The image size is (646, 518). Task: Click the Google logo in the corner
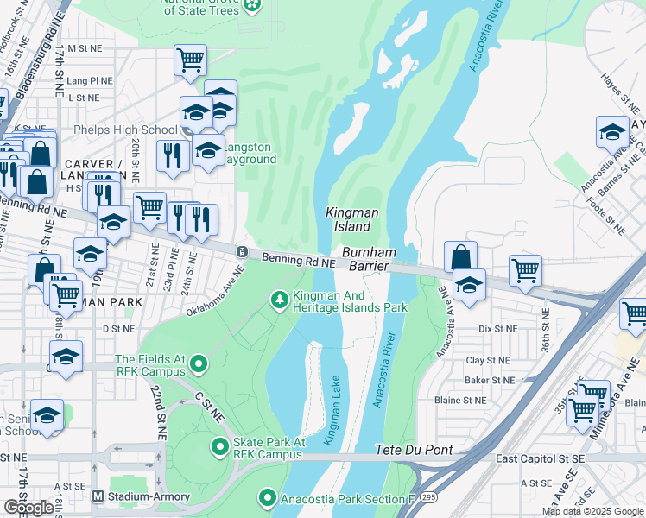click(28, 508)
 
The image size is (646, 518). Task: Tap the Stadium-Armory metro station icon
click(98, 496)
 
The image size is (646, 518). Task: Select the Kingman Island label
click(348, 219)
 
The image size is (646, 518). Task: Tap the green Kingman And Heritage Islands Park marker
click(279, 300)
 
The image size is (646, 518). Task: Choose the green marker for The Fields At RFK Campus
click(198, 364)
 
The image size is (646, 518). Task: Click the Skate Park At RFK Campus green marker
click(219, 446)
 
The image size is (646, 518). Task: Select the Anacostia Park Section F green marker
click(267, 498)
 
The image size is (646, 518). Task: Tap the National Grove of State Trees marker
click(251, 6)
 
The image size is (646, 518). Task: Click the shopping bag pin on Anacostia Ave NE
click(461, 256)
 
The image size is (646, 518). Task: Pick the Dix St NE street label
click(497, 328)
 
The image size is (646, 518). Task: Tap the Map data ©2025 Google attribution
click(592, 511)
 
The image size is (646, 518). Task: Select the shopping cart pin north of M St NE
click(190, 60)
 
